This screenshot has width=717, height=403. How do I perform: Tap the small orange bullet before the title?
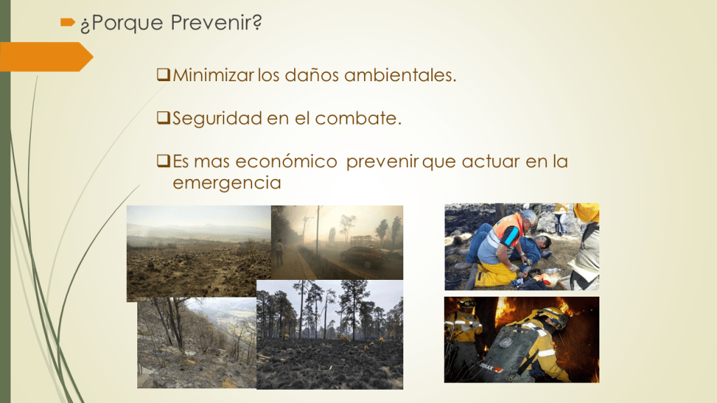click(x=68, y=22)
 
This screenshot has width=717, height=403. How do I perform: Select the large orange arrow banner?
click(x=46, y=57)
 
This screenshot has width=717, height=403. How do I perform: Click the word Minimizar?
click(x=213, y=75)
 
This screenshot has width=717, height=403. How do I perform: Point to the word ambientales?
click(x=400, y=75)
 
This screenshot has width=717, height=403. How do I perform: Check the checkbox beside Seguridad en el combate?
click(x=163, y=118)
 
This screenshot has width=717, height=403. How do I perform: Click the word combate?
click(x=358, y=118)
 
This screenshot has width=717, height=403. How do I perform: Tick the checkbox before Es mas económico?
click(x=163, y=160)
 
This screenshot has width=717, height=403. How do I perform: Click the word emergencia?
click(x=227, y=183)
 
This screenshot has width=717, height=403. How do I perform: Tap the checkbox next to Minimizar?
click(x=163, y=74)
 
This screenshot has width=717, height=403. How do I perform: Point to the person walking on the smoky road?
click(x=279, y=253)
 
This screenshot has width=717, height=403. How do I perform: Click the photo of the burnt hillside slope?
click(x=197, y=343)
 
